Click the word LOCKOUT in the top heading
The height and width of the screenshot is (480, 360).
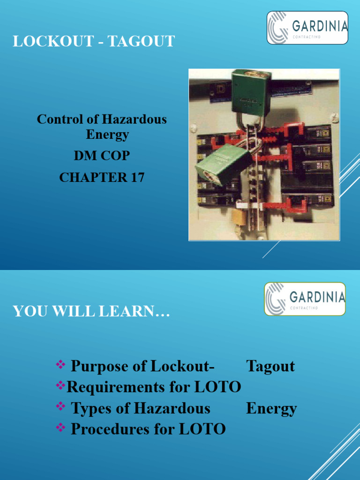click(50, 41)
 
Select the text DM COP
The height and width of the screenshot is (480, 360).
click(102, 156)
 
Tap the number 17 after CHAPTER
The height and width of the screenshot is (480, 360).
click(136, 177)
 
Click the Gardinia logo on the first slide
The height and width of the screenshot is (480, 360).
click(307, 28)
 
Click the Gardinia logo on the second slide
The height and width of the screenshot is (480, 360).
click(305, 299)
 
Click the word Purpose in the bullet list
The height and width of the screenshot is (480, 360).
click(100, 366)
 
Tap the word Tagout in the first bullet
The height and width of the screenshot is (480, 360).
click(270, 366)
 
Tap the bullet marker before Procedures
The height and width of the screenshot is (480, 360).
click(60, 427)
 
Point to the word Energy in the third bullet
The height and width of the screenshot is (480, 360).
click(271, 408)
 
